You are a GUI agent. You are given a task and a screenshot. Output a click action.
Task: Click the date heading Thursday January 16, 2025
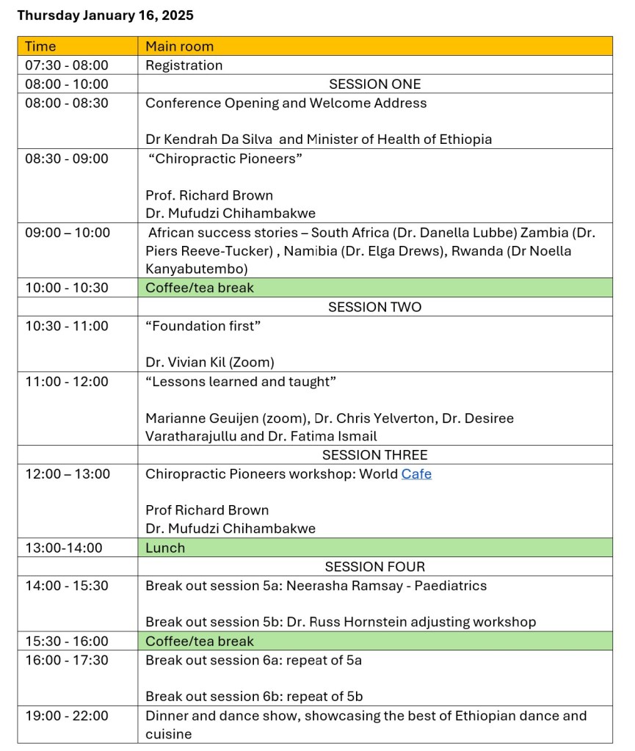coord(105,15)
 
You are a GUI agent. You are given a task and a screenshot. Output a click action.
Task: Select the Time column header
coord(40,46)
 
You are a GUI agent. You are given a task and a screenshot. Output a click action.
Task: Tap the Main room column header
coord(179,46)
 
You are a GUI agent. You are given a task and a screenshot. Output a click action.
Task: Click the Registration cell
coord(184,65)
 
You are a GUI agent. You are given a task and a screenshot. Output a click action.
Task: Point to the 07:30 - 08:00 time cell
coord(66,65)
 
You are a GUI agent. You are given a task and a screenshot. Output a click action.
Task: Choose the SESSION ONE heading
coord(374,84)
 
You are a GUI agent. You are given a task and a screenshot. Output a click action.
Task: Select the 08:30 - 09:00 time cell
coord(66,159)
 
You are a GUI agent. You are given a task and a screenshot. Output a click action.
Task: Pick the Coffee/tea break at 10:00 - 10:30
coord(200,288)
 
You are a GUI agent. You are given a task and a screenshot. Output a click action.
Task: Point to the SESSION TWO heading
coord(374,307)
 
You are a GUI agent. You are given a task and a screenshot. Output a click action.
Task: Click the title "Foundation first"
coord(203,326)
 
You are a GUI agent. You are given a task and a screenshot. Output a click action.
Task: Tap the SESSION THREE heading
coord(374,455)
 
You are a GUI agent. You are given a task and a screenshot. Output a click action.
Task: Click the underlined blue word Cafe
coord(416,474)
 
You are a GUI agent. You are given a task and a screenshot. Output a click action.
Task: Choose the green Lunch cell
coord(165,548)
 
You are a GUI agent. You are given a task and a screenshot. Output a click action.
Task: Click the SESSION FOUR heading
coord(374,567)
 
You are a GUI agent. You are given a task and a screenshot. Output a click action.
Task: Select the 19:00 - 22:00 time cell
coord(66,716)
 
